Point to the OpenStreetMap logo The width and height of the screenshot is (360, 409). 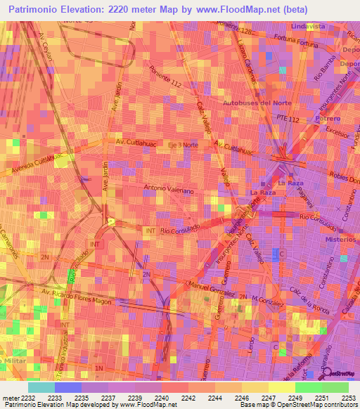point(340,372)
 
